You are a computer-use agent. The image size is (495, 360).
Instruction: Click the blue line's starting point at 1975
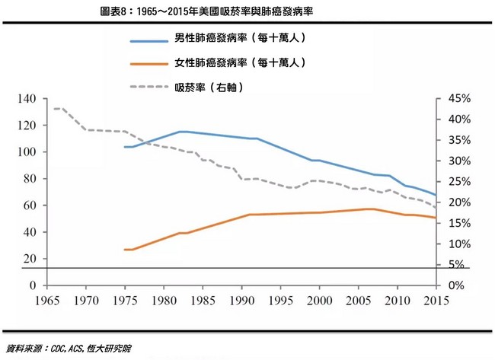(x=125, y=146)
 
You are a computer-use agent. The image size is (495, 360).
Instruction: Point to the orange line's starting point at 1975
(x=125, y=250)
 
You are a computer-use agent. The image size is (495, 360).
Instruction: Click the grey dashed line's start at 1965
(x=53, y=109)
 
